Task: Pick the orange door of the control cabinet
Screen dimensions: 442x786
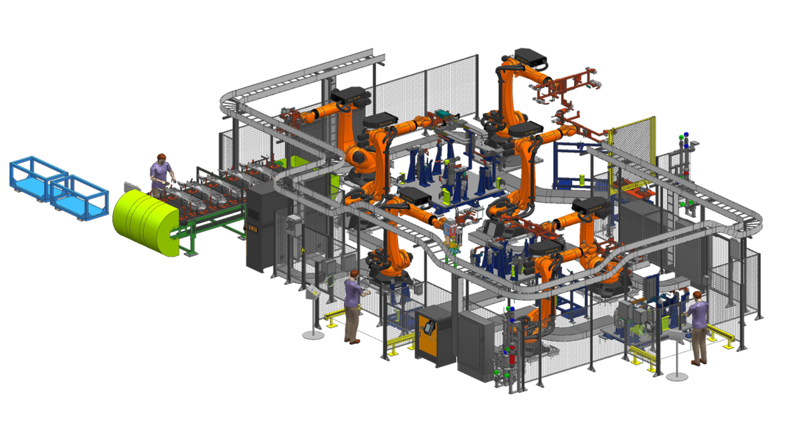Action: tap(429, 335)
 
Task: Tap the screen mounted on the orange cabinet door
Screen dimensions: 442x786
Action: tap(426, 326)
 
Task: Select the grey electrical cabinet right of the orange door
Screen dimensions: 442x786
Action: tap(476, 344)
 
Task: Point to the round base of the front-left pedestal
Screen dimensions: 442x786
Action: tap(313, 335)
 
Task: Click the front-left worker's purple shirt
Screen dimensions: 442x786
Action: tap(353, 293)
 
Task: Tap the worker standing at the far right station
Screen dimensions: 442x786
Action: tap(698, 326)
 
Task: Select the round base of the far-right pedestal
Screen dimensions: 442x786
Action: tap(677, 376)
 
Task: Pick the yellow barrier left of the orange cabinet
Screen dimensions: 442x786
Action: tap(400, 342)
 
